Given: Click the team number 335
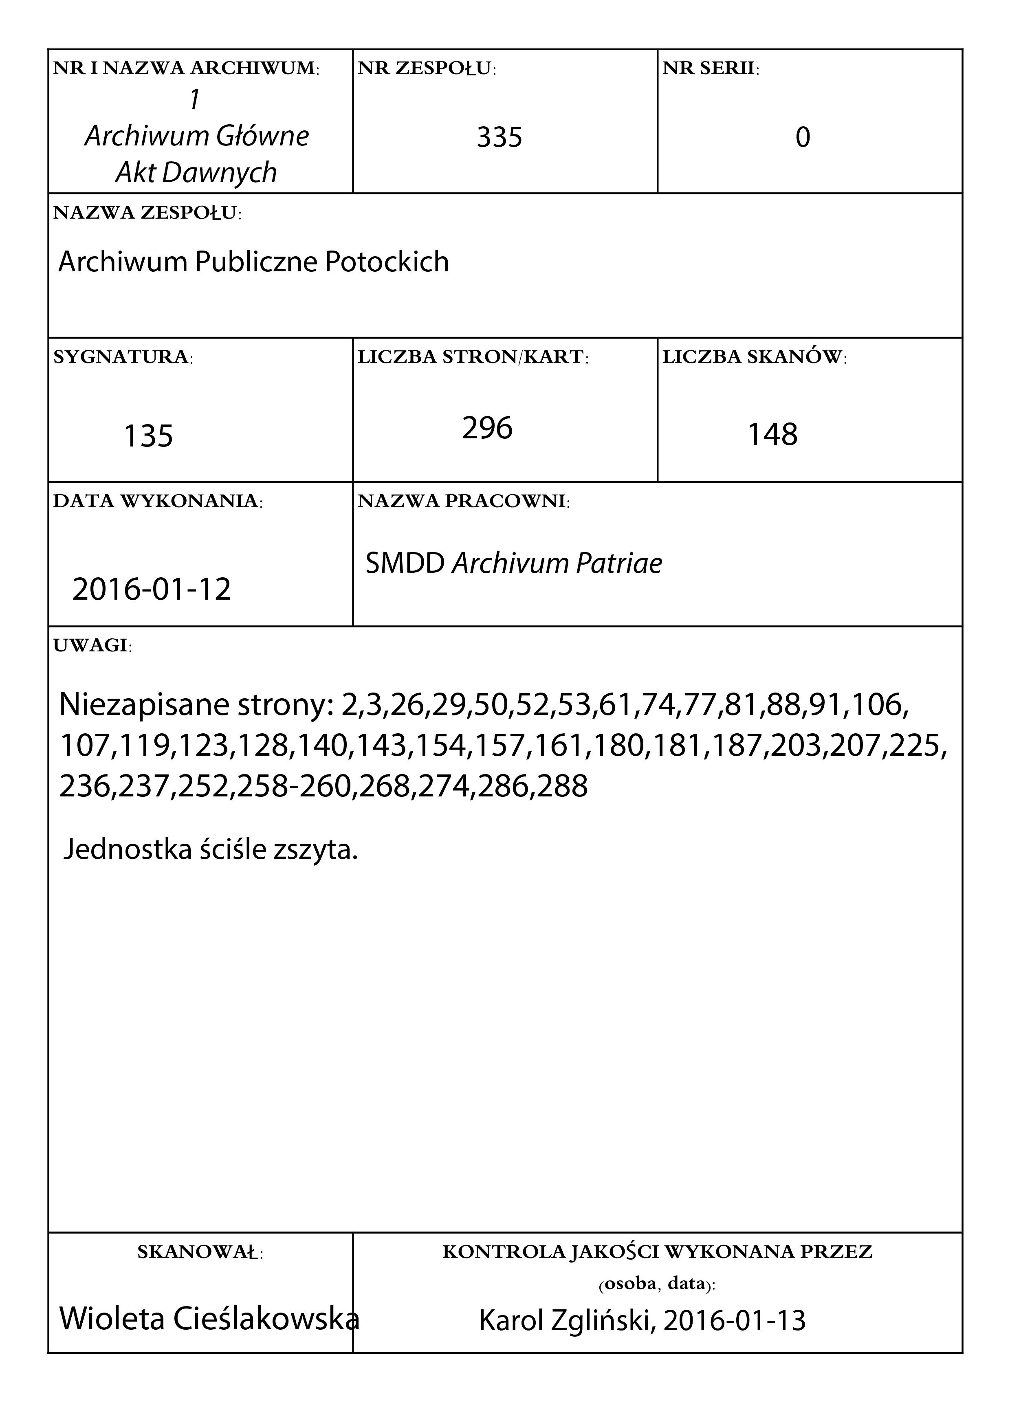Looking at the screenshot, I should pyautogui.click(x=499, y=137).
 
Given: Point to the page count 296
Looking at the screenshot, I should pyautogui.click(x=487, y=427).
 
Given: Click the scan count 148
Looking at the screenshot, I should pyautogui.click(x=772, y=434).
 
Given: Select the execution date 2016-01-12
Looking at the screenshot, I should pyautogui.click(x=151, y=589).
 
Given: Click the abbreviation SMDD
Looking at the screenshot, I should pyautogui.click(x=405, y=563).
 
